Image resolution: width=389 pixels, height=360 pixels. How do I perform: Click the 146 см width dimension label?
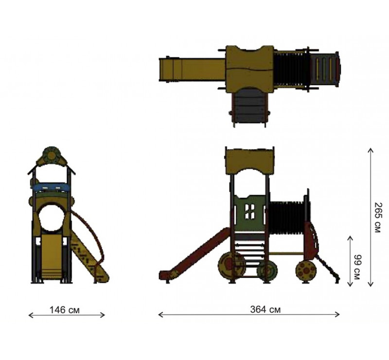click(65, 310)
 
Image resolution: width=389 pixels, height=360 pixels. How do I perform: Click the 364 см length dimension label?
click(265, 309)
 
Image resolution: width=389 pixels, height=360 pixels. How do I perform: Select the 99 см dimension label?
click(357, 267)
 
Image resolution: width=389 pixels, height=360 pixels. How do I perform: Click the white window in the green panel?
click(249, 212)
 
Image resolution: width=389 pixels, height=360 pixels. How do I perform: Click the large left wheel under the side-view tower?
click(231, 265)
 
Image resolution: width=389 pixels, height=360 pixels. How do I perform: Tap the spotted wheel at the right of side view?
click(306, 270)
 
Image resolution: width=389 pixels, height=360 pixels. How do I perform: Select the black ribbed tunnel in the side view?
click(287, 218)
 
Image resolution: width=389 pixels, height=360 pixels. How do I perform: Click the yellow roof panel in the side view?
click(250, 161)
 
